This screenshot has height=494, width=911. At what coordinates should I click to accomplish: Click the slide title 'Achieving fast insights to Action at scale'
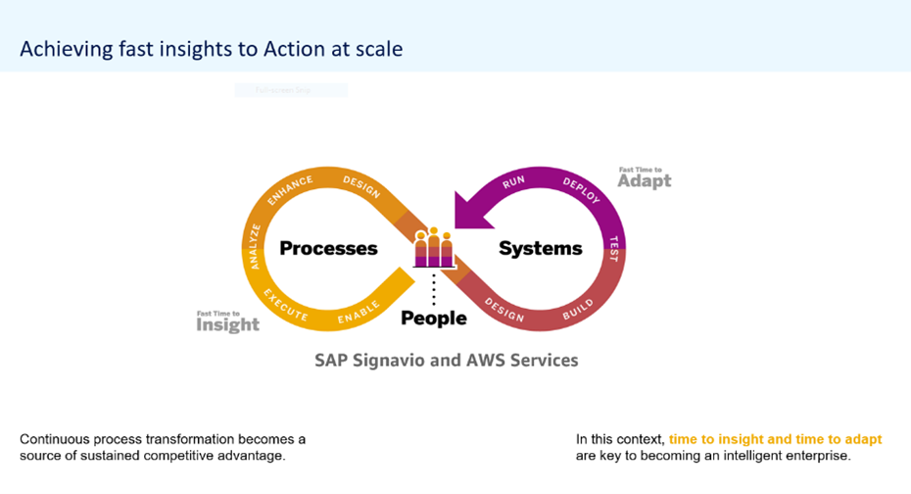tap(212, 49)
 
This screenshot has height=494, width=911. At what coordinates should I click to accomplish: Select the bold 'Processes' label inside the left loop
tap(328, 249)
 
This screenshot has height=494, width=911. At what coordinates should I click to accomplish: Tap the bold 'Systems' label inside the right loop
tap(541, 249)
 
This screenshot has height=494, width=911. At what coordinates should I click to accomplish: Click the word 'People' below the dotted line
tap(434, 319)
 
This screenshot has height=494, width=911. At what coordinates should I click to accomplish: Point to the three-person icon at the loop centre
tap(434, 248)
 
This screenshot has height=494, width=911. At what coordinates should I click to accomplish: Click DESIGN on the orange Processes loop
tap(361, 186)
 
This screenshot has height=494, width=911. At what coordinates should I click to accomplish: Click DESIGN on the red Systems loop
tap(504, 311)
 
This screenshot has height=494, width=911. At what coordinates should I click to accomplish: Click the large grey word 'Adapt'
tap(644, 181)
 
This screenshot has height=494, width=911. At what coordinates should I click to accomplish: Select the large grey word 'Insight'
tap(228, 325)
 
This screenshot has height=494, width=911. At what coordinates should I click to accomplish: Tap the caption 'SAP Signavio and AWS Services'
tap(446, 360)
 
